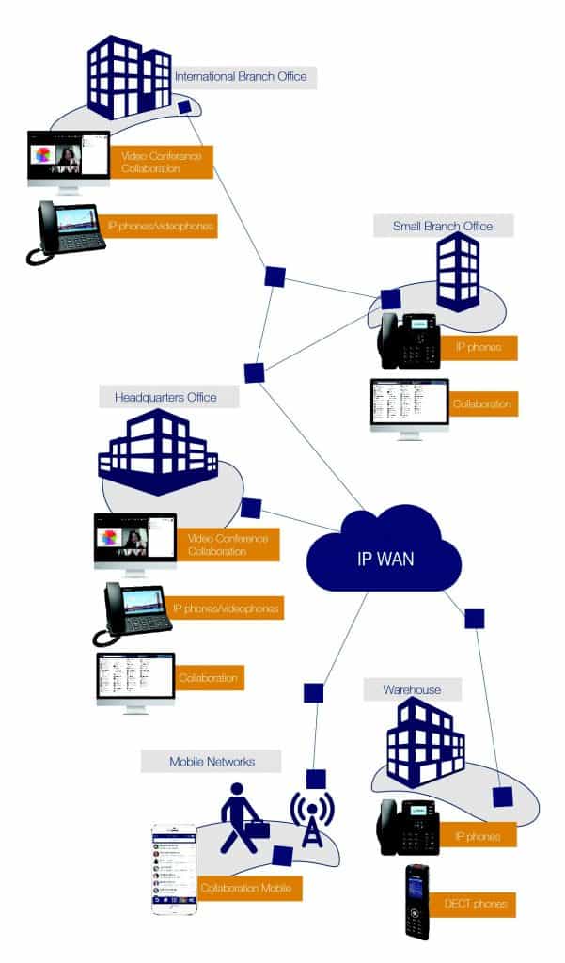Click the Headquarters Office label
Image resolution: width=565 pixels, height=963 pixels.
pos(167,397)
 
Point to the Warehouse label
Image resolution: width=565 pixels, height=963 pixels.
pos(411,690)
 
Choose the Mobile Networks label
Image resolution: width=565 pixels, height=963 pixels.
pos(212,760)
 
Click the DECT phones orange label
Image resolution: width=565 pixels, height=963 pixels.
pos(475,905)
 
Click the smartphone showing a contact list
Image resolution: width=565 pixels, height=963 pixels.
pos(174,869)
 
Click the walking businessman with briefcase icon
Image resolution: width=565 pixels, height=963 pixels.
pos(242,818)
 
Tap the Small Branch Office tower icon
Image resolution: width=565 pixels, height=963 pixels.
pos(458,272)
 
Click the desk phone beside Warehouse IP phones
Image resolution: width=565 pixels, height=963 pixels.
pos(408,828)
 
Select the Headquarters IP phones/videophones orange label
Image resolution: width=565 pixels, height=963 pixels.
pos(230,609)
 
